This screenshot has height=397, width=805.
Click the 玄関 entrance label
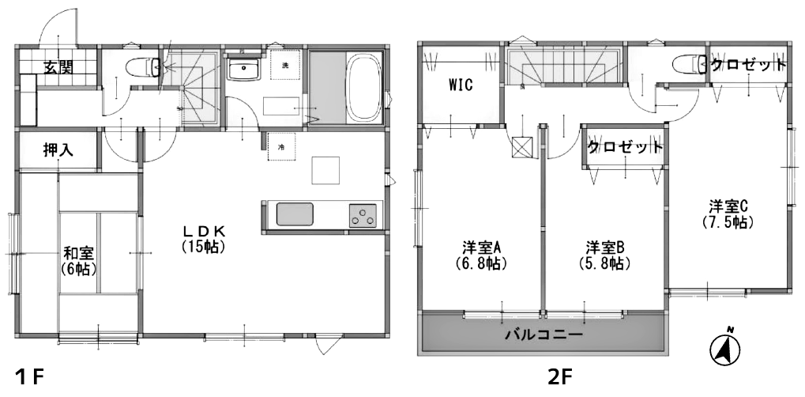tap(58, 67)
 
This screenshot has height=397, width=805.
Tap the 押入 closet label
tap(58, 149)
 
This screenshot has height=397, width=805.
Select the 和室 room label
tap(78, 253)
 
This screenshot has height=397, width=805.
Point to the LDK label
tap(203, 231)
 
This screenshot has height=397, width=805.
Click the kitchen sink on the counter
tap(295, 214)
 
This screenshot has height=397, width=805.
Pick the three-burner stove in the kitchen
tap(363, 215)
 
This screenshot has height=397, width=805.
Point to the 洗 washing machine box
tap(284, 66)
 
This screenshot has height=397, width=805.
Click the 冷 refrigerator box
tap(281, 146)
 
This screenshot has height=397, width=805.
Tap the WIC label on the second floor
tap(461, 85)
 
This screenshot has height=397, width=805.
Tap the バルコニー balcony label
tap(544, 335)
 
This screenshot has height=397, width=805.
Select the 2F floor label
tap(559, 378)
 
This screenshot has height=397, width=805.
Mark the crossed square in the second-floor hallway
tap(522, 148)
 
